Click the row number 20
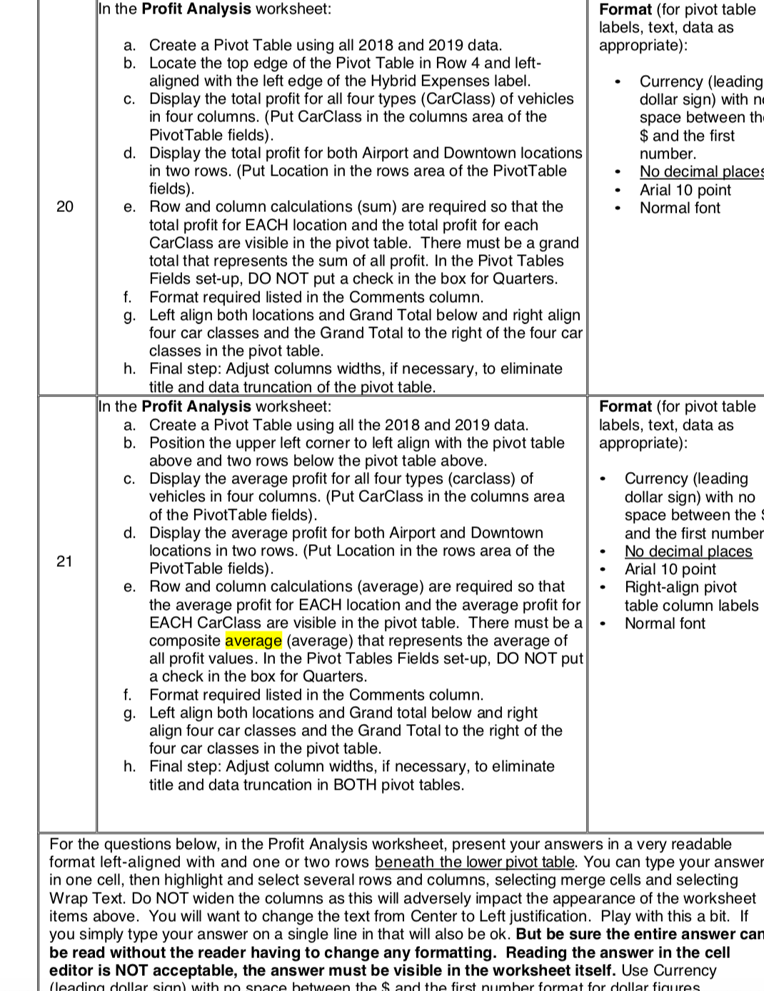pos(64,207)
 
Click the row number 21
pos(64,561)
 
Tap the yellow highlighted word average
pos(253,640)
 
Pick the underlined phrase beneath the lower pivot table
pos(474,862)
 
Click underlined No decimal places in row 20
pos(700,171)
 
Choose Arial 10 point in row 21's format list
pos(670,569)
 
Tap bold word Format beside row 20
pos(625,9)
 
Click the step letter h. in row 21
pos(130,767)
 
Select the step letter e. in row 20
pos(130,207)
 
